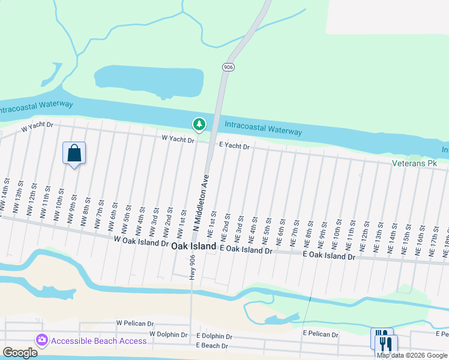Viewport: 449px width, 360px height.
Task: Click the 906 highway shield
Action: [228, 67]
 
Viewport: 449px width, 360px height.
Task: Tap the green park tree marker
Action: [199, 124]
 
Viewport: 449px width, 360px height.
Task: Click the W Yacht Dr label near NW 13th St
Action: [37, 127]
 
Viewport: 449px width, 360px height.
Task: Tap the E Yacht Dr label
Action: [234, 145]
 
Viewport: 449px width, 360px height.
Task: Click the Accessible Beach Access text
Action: [98, 341]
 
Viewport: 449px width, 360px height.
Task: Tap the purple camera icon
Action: [41, 340]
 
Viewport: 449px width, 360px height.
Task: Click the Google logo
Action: [20, 353]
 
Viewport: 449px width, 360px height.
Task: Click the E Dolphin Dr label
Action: [215, 336]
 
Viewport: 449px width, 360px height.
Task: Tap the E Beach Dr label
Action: [212, 346]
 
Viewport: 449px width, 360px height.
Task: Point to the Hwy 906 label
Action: [193, 266]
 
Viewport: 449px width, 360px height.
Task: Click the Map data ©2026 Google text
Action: [412, 355]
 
